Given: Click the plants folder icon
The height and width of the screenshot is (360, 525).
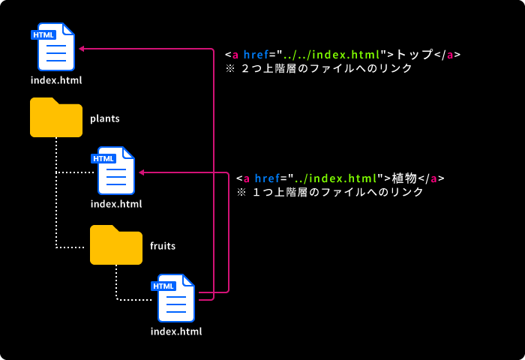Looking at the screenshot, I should coord(56,118).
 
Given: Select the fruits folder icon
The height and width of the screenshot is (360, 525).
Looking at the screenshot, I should coord(116,245).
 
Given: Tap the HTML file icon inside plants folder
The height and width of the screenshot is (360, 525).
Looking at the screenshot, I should coord(116,171).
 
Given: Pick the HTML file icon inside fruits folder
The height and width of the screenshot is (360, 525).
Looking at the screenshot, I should coord(176,298).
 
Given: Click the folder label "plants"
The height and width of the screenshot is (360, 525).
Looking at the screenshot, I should coord(105,118).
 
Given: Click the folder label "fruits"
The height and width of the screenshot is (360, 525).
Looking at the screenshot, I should coord(163,246).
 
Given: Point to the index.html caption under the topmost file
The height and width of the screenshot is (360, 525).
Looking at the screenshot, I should coord(56,80).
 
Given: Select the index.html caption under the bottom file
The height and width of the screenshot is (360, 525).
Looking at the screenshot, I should coord(176,331).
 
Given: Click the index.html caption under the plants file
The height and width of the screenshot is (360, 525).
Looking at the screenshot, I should coord(116,204).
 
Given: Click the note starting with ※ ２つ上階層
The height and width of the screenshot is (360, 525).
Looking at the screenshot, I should coord(319,68).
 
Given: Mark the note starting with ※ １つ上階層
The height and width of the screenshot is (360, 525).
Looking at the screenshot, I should coord(330,192).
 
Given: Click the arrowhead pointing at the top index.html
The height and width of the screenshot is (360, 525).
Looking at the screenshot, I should coord(82,49).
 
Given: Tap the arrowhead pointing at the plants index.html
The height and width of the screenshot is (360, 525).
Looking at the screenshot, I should coord(142,172).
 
